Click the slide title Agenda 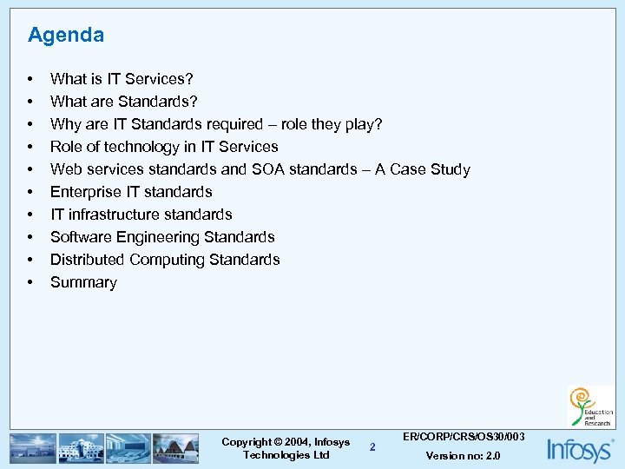click(x=65, y=36)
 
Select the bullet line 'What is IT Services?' click(x=122, y=79)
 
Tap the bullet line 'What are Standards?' click(x=123, y=102)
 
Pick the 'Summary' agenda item click(x=83, y=282)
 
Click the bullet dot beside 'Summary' click(x=31, y=282)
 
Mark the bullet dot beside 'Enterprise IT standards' click(x=31, y=192)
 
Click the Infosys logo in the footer click(x=579, y=449)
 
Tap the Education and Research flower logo click(x=589, y=406)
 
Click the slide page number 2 click(x=372, y=447)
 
